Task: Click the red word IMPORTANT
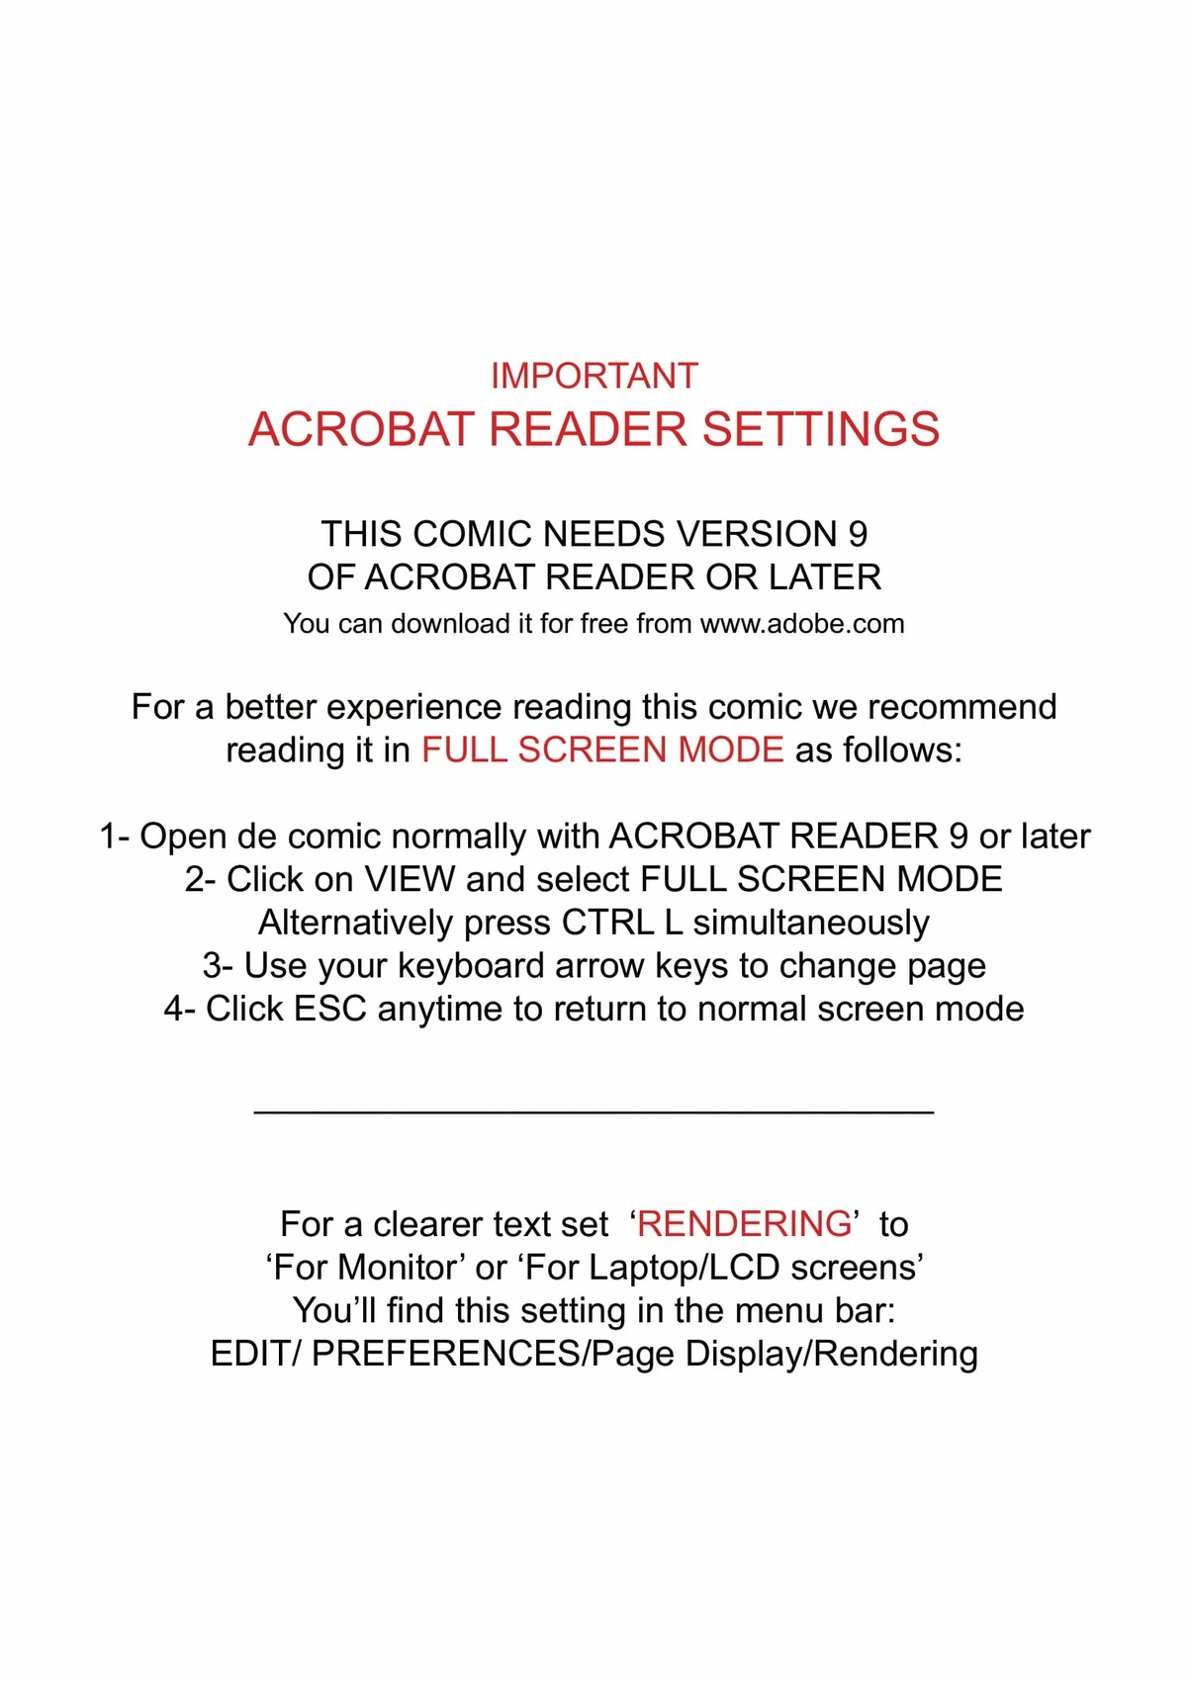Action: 594,377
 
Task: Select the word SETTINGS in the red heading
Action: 820,429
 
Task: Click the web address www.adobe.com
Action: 802,624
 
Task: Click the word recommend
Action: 962,708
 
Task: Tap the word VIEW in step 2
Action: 410,879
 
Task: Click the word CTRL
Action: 607,923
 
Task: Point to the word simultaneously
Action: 811,923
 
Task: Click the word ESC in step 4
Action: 330,1010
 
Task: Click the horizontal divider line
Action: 594,1113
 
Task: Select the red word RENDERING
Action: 744,1224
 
